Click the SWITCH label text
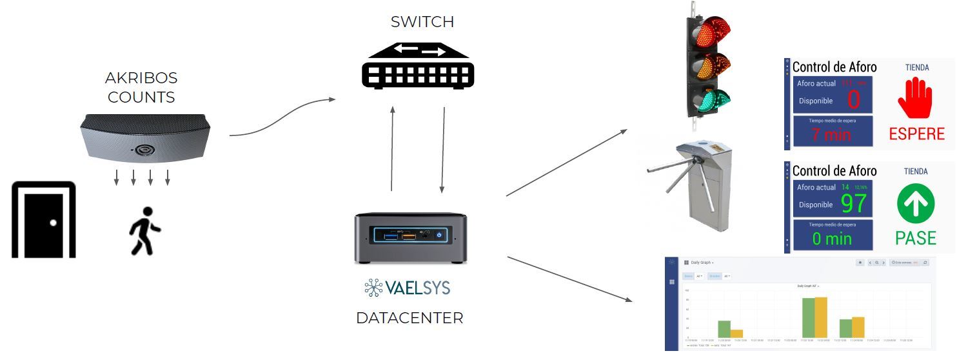422,22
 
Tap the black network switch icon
417,64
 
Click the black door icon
44,220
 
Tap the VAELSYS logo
407,288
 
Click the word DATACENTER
409,318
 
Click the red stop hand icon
915,98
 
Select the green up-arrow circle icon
916,203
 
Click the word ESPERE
916,134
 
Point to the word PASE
916,238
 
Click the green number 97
854,204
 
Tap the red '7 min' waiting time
831,135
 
